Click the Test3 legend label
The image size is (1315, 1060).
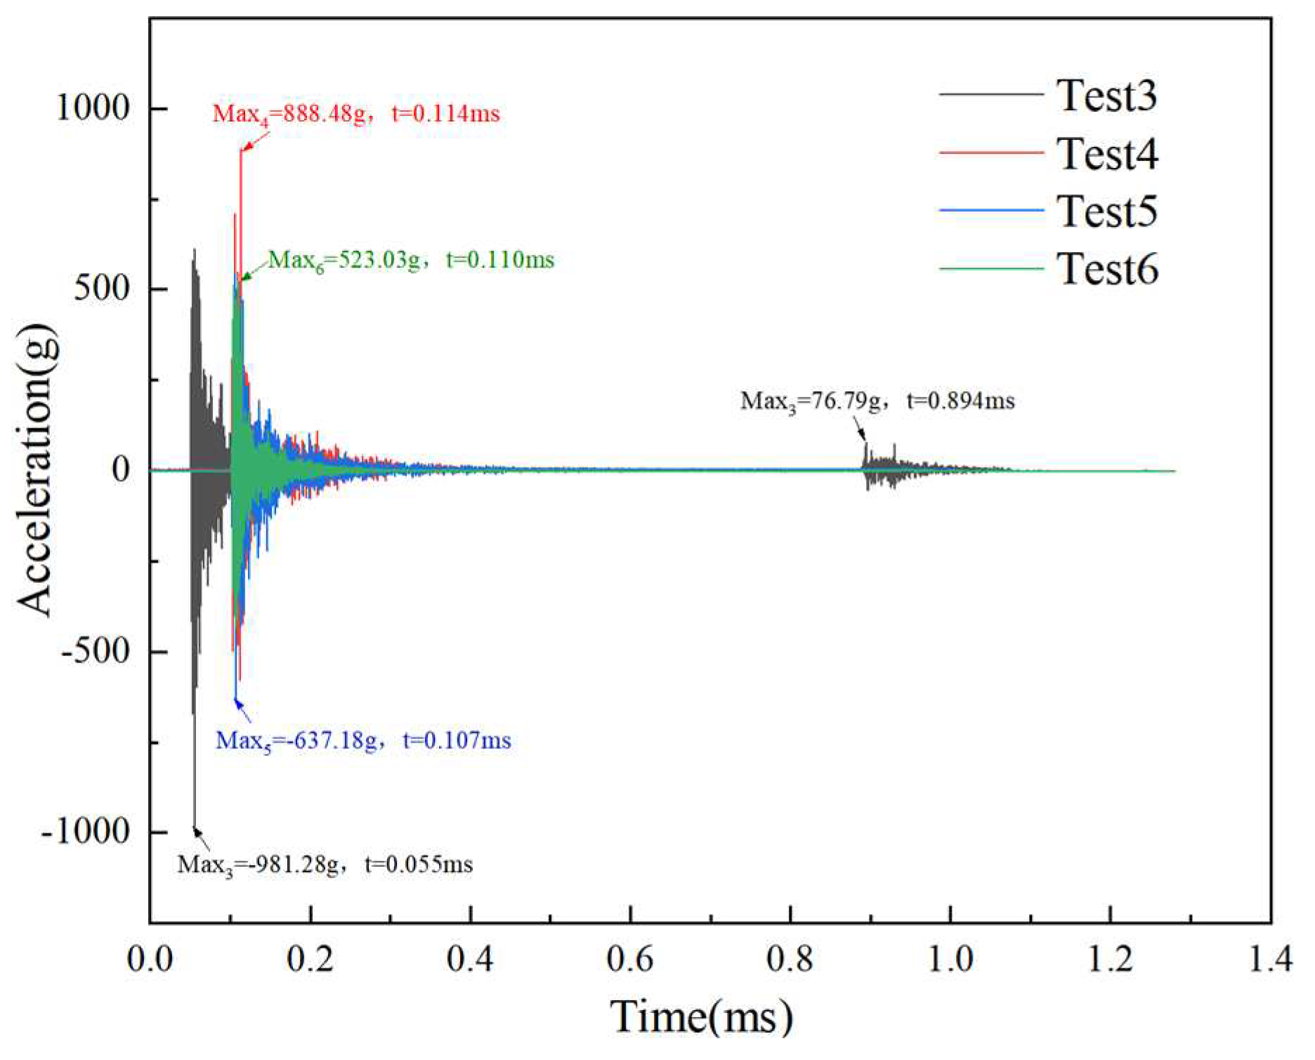(x=1106, y=96)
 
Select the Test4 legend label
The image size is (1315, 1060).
(x=1106, y=154)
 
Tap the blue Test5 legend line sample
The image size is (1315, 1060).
(x=991, y=211)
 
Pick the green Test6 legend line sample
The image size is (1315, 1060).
(x=991, y=269)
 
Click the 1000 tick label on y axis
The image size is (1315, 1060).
(x=93, y=108)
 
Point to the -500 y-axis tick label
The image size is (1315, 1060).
(x=96, y=651)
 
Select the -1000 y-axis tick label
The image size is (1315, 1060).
(x=86, y=832)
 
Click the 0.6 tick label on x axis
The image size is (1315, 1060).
(x=630, y=959)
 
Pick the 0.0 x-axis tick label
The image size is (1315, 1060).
(x=150, y=959)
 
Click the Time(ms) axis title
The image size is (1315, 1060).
(x=701, y=1017)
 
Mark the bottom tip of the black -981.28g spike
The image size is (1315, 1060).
(x=195, y=828)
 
